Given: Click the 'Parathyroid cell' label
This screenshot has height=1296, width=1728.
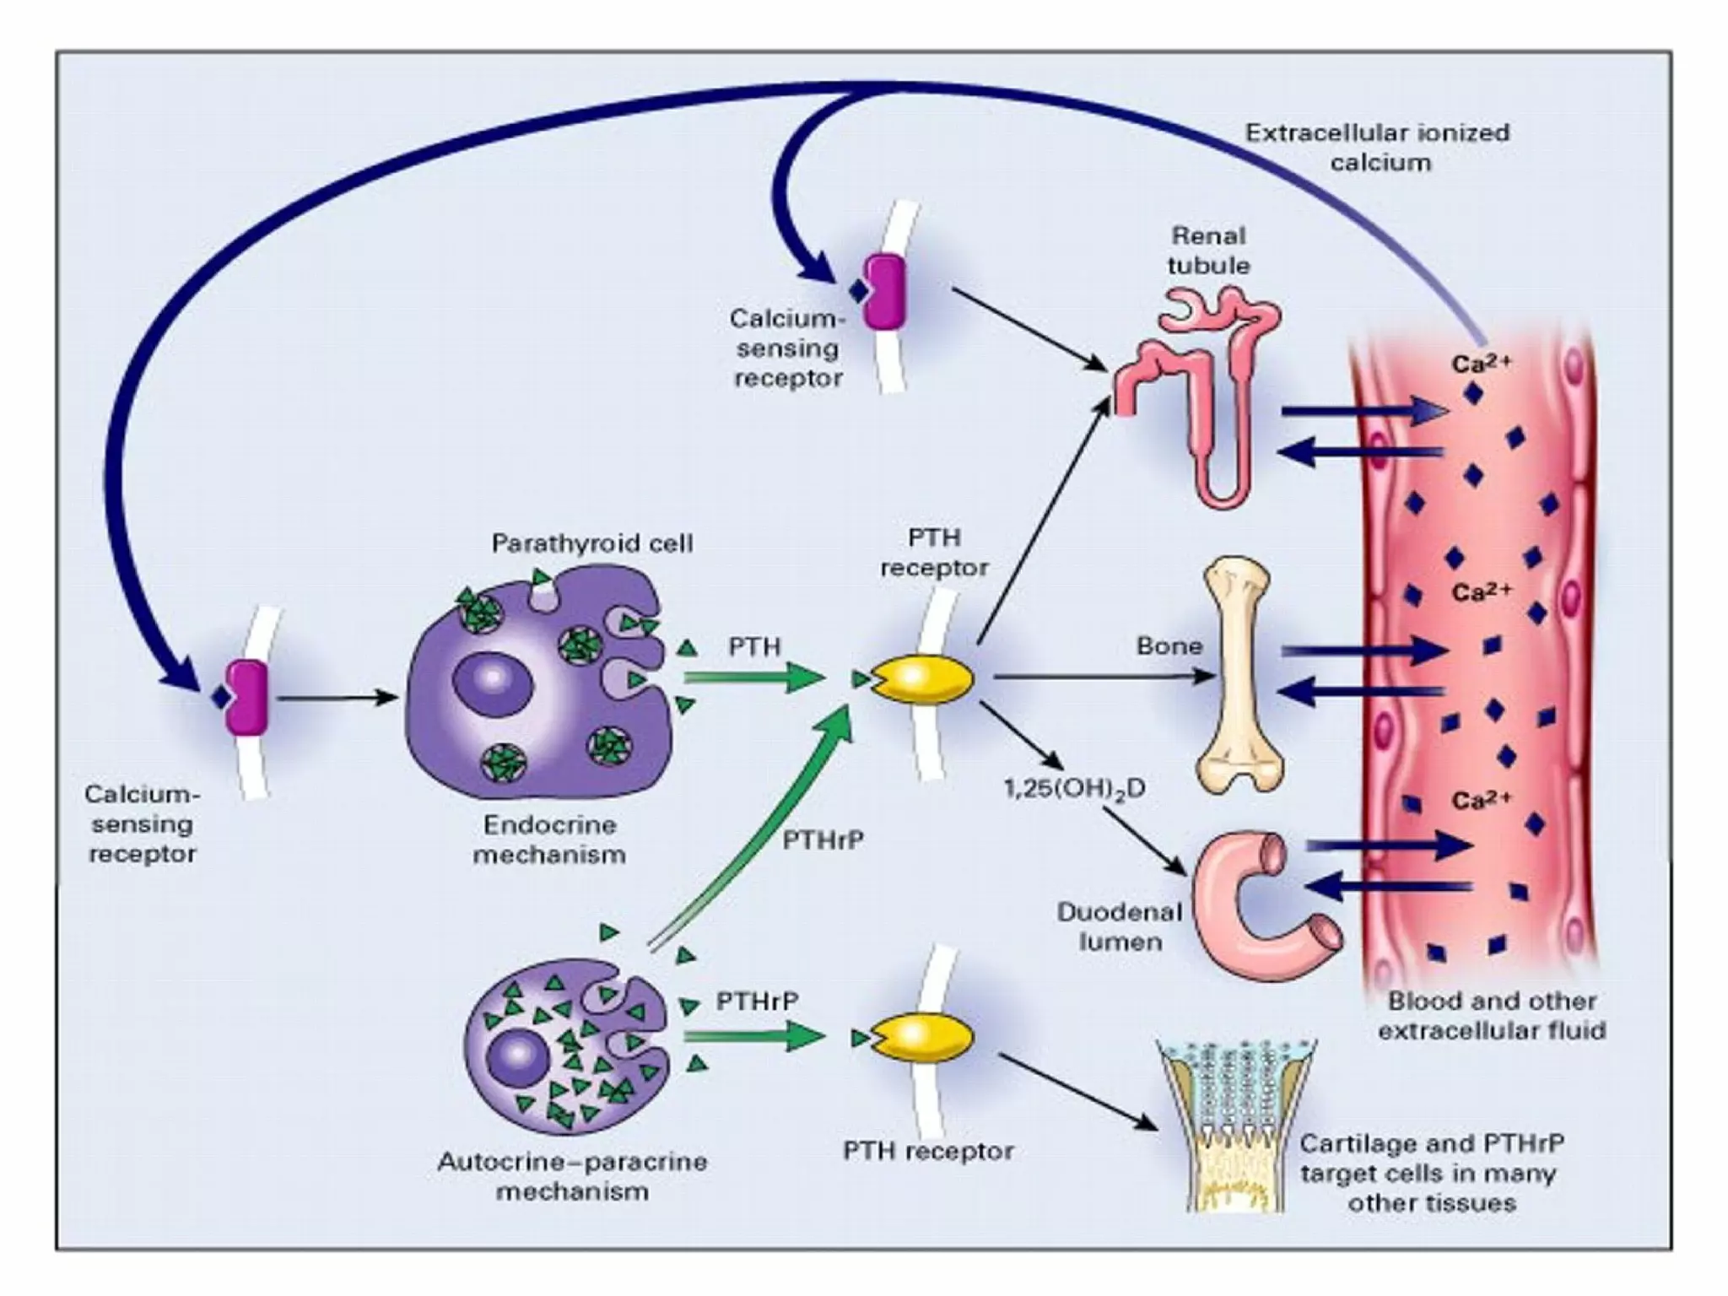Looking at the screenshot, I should click(592, 543).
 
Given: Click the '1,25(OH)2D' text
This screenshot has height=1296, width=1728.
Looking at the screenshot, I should click(1074, 789).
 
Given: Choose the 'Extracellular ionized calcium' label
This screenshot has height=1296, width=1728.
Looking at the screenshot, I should click(1378, 147).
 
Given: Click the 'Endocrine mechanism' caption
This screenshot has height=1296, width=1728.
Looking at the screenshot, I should click(548, 840).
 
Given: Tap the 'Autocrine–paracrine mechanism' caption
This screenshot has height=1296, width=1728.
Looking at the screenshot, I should click(572, 1176).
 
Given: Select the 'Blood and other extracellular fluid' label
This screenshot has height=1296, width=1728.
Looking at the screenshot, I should click(1492, 1016).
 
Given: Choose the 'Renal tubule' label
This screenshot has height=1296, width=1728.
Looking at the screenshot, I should click(1208, 250).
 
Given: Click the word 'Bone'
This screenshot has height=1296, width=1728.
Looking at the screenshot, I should click(1169, 646).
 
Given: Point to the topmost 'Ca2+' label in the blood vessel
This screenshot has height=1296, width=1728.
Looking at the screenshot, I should click(1482, 363).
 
